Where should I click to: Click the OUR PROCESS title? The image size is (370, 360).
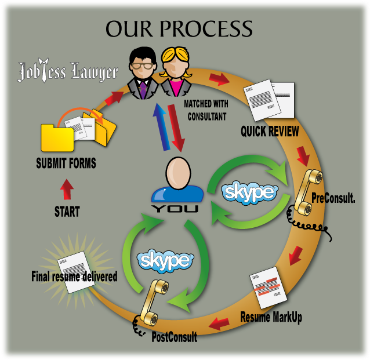pos(179,28)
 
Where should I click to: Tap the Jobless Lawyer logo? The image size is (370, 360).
pos(67,72)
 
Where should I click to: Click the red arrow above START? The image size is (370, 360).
pos(67,190)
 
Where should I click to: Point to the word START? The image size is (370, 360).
pos(67,212)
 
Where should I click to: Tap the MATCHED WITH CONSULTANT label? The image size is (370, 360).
pos(206,109)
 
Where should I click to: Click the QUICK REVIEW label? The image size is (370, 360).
pos(270,131)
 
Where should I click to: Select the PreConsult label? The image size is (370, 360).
pos(333,198)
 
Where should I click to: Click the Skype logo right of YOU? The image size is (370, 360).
pos(251,192)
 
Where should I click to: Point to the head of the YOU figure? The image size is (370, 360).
pos(177,175)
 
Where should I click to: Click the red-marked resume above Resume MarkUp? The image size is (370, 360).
pos(268,289)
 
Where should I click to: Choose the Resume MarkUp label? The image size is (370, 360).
pos(271,318)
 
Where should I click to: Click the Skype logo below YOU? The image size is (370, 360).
pos(164,260)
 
